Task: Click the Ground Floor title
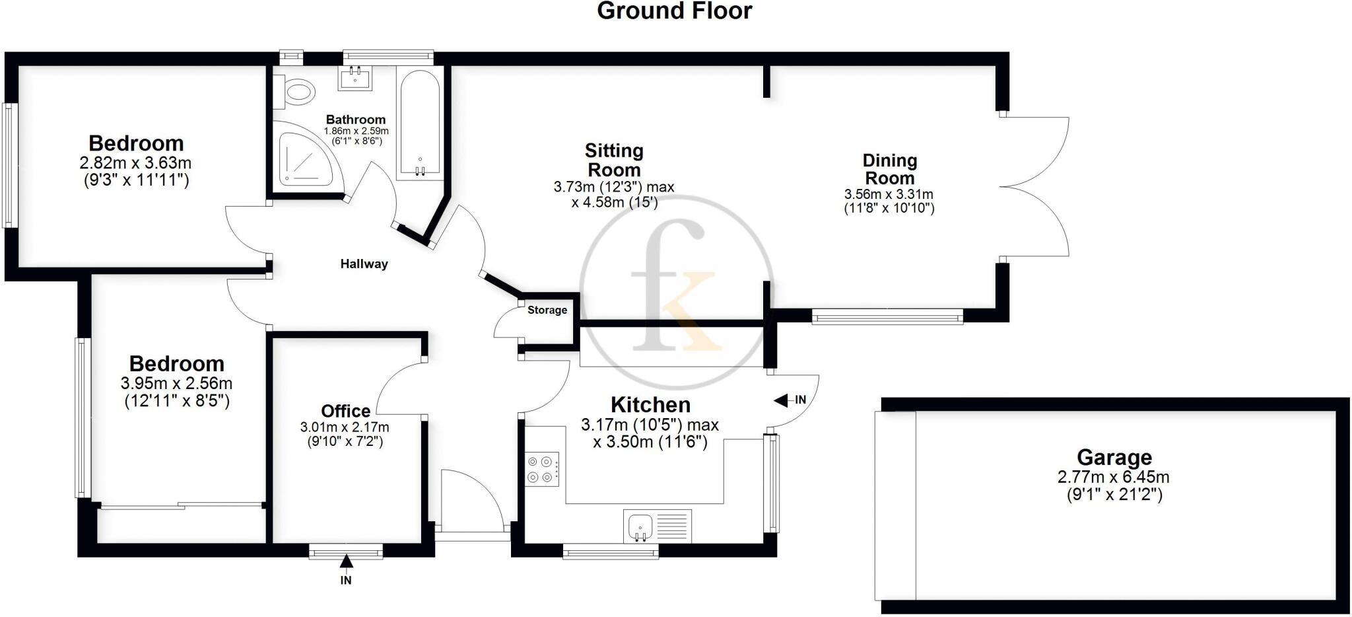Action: coord(674,11)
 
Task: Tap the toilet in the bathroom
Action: coord(296,92)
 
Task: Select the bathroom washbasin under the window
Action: coord(356,78)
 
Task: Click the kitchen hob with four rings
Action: coord(542,469)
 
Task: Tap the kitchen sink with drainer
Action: coord(656,526)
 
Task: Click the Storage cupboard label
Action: coord(547,310)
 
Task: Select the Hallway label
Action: coord(364,264)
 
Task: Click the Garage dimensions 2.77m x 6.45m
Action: coord(1113,476)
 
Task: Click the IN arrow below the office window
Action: coord(346,562)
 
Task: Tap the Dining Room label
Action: coord(889,169)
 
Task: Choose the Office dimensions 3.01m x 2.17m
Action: coord(345,427)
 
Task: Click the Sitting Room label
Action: coord(614,160)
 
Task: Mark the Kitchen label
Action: coord(650,404)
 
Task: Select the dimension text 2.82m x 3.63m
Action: coord(136,163)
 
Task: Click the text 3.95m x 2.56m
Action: coord(176,383)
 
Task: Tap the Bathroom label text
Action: coord(355,120)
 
